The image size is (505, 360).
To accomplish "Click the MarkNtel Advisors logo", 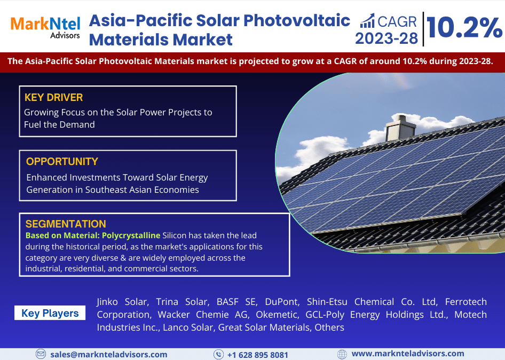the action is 45,28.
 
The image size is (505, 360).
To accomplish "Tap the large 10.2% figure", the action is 464,28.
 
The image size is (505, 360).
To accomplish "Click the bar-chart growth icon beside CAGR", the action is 367,21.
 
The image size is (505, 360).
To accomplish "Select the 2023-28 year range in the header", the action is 386,38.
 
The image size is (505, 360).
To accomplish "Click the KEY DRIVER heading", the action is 53,97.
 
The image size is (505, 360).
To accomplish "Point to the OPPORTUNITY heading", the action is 62,161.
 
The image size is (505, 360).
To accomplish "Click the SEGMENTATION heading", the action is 66,224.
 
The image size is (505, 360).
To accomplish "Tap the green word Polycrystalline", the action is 131,236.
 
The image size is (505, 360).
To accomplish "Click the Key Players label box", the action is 50,313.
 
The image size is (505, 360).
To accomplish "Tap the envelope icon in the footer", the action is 41,354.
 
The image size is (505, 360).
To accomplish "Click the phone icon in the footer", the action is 218,355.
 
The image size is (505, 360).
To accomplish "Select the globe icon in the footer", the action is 342,354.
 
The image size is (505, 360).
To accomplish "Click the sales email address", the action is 109,355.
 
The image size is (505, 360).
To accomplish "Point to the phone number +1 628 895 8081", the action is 258,355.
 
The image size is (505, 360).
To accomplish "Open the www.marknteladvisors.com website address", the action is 408,354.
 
